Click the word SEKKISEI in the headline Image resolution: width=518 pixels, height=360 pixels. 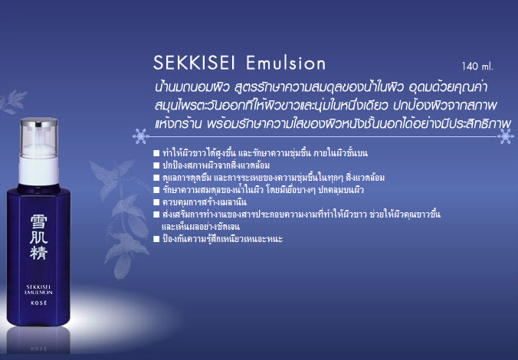[195, 63]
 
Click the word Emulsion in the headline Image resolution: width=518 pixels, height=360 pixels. [286, 63]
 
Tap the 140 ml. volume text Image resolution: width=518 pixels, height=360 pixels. [477, 67]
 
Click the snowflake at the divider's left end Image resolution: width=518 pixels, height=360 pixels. [141, 136]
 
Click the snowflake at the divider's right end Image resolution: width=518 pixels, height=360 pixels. [506, 136]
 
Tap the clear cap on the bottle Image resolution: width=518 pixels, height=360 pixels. [39, 137]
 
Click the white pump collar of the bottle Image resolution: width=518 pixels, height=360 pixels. [38, 171]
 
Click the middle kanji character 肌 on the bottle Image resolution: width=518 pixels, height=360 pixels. [38, 237]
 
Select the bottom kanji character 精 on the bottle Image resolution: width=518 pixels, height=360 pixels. [39, 252]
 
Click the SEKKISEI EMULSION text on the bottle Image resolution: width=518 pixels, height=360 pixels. [38, 290]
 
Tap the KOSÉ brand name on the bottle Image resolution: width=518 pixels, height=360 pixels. [38, 303]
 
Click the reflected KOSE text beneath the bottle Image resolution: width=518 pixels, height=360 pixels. [38, 349]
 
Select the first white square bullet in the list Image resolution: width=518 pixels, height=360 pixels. [156, 153]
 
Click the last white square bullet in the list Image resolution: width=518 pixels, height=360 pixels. [156, 239]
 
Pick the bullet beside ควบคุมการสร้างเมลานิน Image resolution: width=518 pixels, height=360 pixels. [156, 202]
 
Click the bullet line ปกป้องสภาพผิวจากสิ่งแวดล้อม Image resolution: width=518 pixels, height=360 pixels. [216, 165]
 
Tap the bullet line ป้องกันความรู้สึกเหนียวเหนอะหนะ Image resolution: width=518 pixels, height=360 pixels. [223, 238]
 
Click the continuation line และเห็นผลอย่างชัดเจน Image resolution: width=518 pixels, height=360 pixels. [201, 227]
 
